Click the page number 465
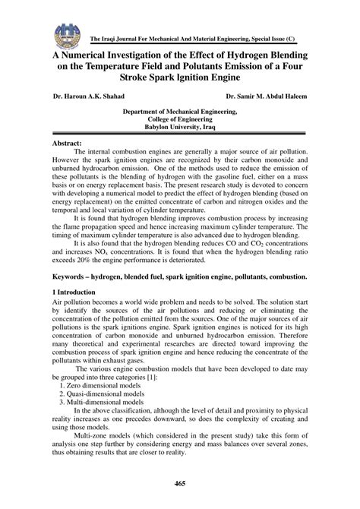pos(180,485)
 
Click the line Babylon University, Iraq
pos(180,128)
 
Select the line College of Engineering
pos(180,119)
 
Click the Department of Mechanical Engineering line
pos(180,111)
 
